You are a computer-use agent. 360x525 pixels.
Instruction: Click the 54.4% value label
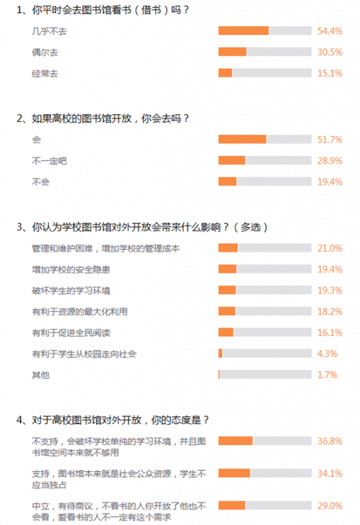coord(330,31)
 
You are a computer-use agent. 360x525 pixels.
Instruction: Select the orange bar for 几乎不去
coord(244,31)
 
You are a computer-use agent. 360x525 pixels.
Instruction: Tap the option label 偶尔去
coord(45,52)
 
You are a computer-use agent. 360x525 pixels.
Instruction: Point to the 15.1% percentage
coord(330,73)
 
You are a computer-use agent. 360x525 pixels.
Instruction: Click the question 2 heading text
coord(102,118)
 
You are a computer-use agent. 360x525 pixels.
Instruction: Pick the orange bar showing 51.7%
coord(243,139)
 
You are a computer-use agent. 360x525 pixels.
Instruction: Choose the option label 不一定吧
coord(49,161)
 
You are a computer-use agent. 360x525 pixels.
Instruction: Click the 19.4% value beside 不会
coord(330,182)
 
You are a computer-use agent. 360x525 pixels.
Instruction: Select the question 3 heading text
coord(142,228)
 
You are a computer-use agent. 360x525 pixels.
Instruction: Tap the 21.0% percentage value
coord(330,248)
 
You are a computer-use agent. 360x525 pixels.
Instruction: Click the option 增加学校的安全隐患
coord(71,269)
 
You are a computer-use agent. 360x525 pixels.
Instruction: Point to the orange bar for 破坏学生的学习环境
coord(227,290)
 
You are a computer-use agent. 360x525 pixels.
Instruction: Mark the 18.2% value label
coord(330,312)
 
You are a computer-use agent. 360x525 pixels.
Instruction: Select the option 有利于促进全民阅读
coord(71,333)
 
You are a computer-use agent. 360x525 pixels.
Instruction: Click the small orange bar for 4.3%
coord(221,353)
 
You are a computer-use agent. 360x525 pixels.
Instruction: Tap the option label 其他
coord(40,375)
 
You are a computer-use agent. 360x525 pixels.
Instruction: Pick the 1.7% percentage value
coord(327,375)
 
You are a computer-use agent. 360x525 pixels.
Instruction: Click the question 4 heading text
coord(113,420)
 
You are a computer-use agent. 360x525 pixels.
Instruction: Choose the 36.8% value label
coord(330,442)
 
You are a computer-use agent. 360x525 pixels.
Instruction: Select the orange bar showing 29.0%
coord(232,505)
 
